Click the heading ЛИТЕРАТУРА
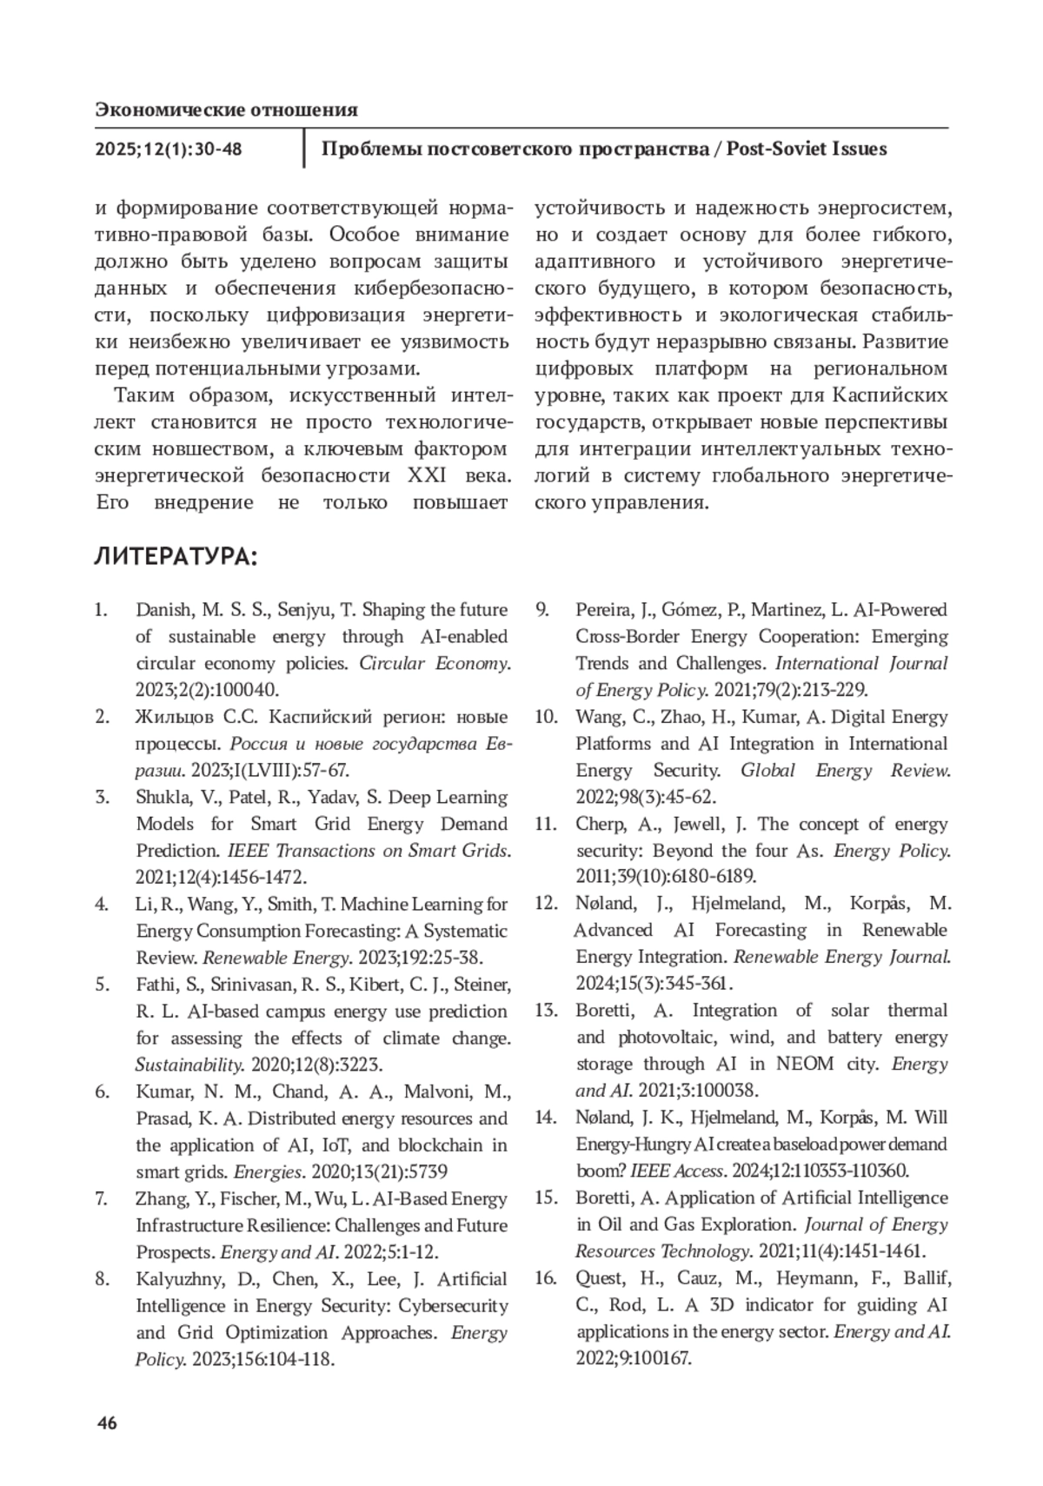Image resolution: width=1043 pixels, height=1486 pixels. tap(175, 556)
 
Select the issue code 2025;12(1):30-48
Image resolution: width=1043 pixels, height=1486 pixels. tap(169, 149)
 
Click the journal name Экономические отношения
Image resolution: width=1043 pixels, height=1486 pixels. tap(226, 109)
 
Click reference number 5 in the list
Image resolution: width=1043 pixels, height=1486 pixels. tap(103, 985)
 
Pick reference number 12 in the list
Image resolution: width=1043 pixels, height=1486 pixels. tap(545, 904)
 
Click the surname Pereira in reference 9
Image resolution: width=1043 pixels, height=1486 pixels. tap(606, 610)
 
